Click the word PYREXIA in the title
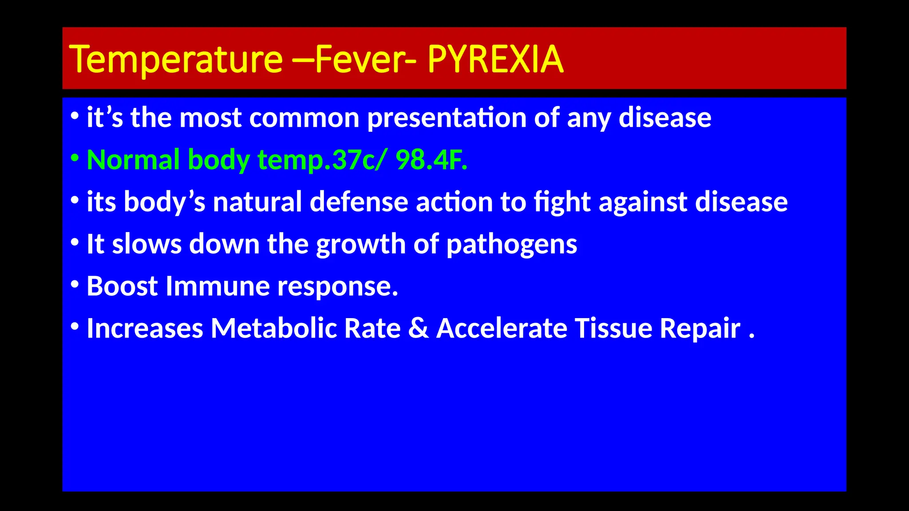pyautogui.click(x=495, y=59)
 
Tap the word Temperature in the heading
pyautogui.click(x=176, y=59)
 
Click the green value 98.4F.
pyautogui.click(x=431, y=160)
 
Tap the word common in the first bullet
pyautogui.click(x=304, y=118)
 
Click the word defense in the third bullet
pyautogui.click(x=359, y=202)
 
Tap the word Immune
pyautogui.click(x=217, y=286)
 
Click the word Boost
pyautogui.click(x=122, y=286)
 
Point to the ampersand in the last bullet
pyautogui.click(x=418, y=329)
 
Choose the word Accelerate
pyautogui.click(x=502, y=329)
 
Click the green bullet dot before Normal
pyautogui.click(x=75, y=157)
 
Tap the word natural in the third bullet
pyautogui.click(x=257, y=202)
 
